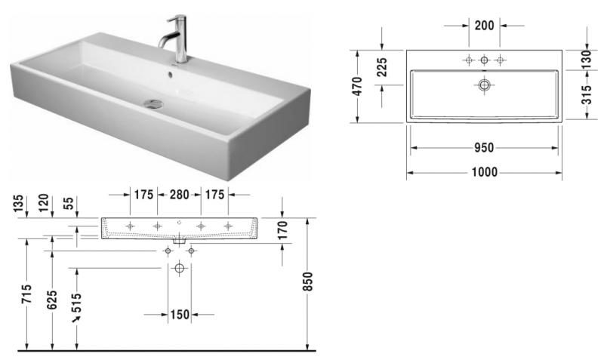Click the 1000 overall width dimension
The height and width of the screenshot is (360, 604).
pyautogui.click(x=484, y=173)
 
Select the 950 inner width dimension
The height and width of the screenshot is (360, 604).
pyautogui.click(x=484, y=148)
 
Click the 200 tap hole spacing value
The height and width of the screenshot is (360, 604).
pyautogui.click(x=484, y=25)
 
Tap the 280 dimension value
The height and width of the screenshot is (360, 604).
pyautogui.click(x=179, y=195)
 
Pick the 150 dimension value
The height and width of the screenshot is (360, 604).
pyautogui.click(x=179, y=314)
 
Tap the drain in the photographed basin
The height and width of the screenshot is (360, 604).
pyautogui.click(x=155, y=103)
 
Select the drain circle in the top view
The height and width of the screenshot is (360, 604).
pyautogui.click(x=484, y=85)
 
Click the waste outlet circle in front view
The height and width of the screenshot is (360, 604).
pyautogui.click(x=180, y=268)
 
